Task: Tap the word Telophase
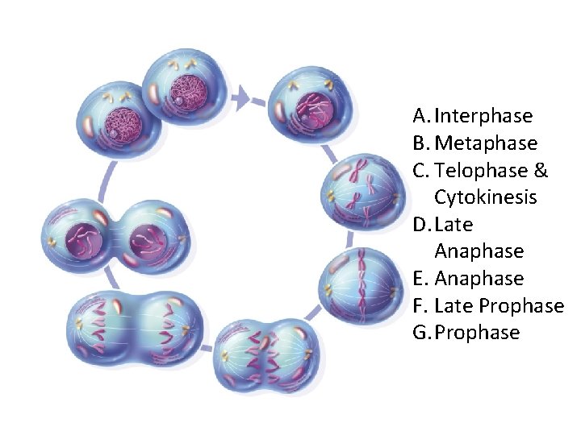(483, 171)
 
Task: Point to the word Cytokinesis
(486, 197)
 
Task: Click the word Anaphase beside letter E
(479, 279)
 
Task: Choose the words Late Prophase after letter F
(499, 306)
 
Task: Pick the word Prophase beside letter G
(477, 333)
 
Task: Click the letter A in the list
(418, 116)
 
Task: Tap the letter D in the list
(419, 225)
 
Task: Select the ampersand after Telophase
(541, 171)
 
